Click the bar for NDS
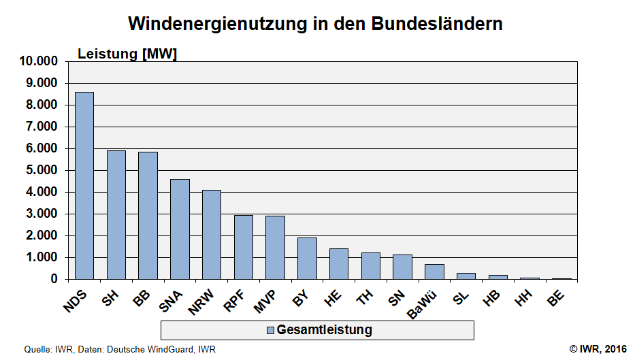[84, 185]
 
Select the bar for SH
[116, 214]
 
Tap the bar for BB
[148, 215]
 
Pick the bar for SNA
[180, 229]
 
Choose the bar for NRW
[211, 234]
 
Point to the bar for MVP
[275, 247]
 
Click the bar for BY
[307, 258]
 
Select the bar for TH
[370, 265]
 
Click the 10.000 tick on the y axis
[39, 61]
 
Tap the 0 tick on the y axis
[55, 279]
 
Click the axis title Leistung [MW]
[127, 54]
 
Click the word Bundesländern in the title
[437, 23]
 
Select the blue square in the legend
[270, 331]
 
